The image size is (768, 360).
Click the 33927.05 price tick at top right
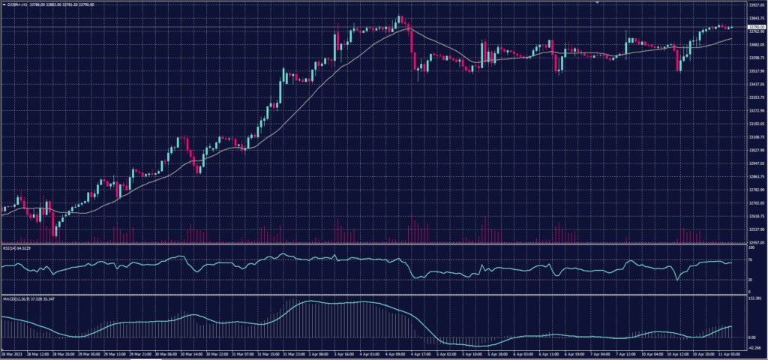[755, 4]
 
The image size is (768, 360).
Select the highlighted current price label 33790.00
[755, 27]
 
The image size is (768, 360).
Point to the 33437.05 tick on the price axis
[755, 85]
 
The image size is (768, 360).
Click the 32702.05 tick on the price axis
[755, 203]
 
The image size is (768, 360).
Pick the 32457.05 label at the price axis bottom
[755, 242]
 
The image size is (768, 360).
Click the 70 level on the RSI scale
[751, 259]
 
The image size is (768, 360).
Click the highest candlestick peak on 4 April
[400, 16]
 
